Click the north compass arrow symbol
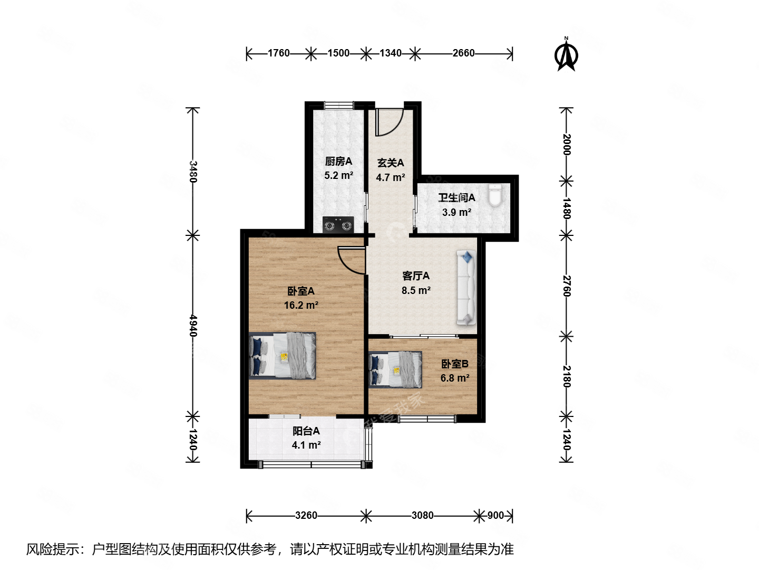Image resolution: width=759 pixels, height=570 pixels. coord(567,54)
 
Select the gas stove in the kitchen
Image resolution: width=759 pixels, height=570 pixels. coord(338,225)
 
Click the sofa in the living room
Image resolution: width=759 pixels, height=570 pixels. coord(466,288)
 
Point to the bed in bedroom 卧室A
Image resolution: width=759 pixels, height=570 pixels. coord(283,355)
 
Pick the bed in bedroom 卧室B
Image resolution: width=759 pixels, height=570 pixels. coord(395,369)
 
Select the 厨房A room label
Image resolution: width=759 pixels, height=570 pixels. coord(338,161)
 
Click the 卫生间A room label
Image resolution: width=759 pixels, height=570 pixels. coord(456,198)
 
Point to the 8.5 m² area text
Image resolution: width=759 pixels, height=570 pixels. coord(416,290)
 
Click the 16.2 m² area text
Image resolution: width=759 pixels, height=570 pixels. coord(301,305)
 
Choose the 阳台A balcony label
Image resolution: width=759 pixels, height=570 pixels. coord(306,431)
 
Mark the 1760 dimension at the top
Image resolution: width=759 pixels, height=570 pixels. coord(278,53)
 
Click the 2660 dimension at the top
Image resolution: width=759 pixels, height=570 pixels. coord(463,53)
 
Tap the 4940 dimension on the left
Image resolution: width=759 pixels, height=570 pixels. coord(193,326)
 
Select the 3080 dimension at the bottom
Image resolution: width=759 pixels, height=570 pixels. coord(422,515)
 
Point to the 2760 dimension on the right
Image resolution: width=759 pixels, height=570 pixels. coord(567,286)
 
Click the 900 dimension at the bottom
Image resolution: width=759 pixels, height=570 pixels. coord(495,515)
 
